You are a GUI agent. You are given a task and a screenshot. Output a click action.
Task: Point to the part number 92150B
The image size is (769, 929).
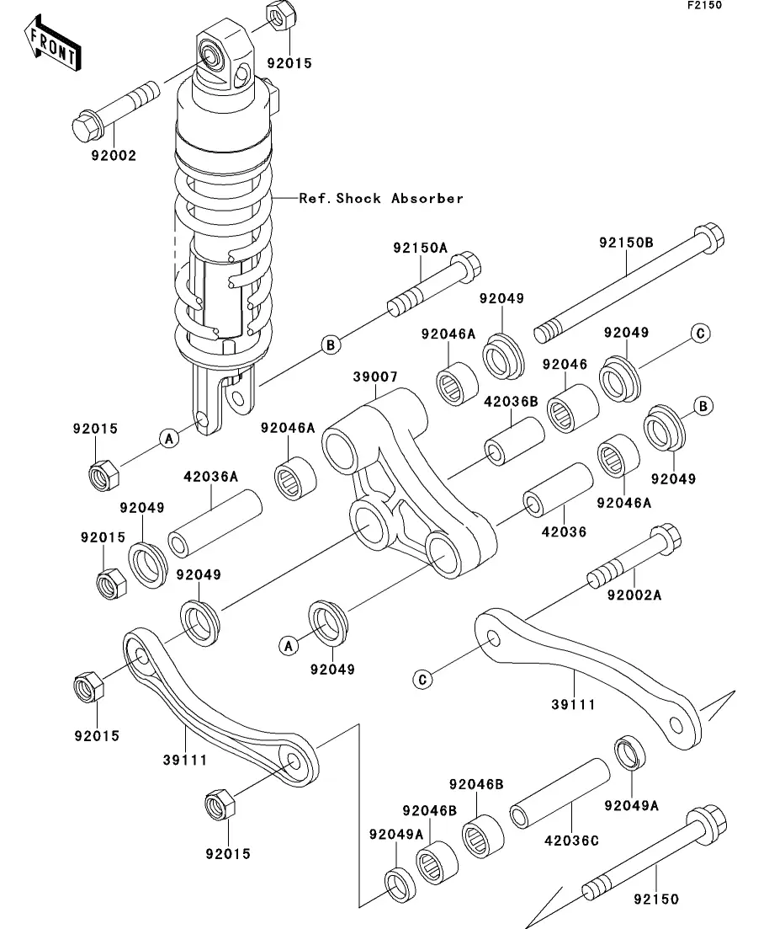pyautogui.click(x=626, y=243)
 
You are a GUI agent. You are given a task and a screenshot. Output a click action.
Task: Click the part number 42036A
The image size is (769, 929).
pyautogui.click(x=211, y=477)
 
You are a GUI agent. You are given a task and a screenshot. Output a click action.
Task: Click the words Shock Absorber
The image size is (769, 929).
pyautogui.click(x=399, y=199)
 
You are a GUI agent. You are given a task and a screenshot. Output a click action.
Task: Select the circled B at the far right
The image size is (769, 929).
pyautogui.click(x=703, y=406)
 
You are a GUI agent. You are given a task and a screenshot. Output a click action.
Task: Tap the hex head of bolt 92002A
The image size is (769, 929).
pyautogui.click(x=666, y=540)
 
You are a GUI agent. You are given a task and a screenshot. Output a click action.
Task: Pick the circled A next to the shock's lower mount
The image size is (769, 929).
pyautogui.click(x=167, y=437)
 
